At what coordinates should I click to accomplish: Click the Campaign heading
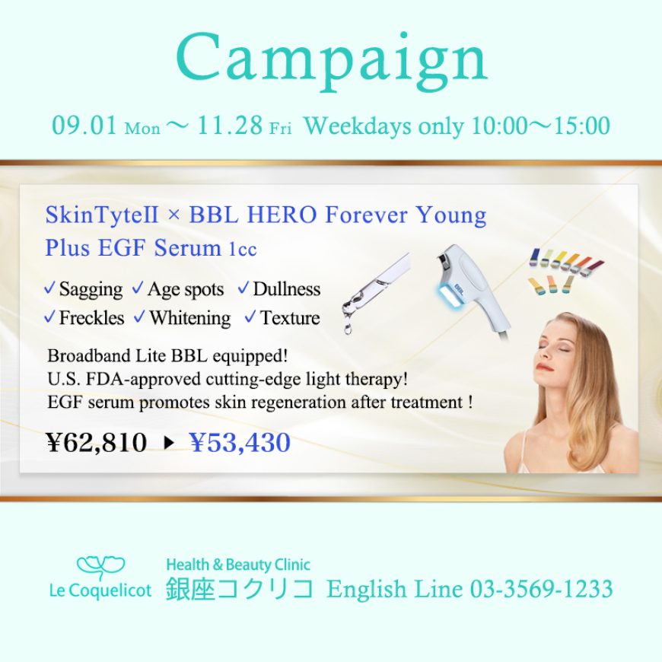pyautogui.click(x=332, y=62)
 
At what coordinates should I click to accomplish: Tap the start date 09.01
pyautogui.click(x=84, y=126)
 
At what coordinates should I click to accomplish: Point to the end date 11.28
pyautogui.click(x=230, y=126)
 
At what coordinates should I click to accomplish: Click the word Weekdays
pyautogui.click(x=358, y=126)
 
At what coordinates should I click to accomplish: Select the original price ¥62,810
pyautogui.click(x=97, y=442)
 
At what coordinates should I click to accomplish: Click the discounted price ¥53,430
pyautogui.click(x=240, y=442)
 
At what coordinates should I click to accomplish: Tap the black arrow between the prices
pyautogui.click(x=169, y=443)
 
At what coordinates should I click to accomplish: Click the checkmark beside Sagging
pyautogui.click(x=49, y=288)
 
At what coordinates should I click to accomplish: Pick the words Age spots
pyautogui.click(x=186, y=291)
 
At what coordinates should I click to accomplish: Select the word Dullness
pyautogui.click(x=287, y=289)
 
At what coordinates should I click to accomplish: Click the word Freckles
pyautogui.click(x=91, y=318)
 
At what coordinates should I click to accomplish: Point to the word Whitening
pyautogui.click(x=190, y=319)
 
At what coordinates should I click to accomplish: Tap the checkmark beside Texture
pyautogui.click(x=250, y=317)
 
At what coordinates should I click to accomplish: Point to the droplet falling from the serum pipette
pyautogui.click(x=348, y=328)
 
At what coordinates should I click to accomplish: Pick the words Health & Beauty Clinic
pyautogui.click(x=238, y=565)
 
